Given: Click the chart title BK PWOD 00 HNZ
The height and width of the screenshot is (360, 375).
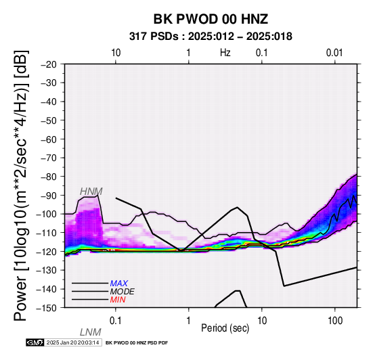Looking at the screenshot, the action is click(x=211, y=19).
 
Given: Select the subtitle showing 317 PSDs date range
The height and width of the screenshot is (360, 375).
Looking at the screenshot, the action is click(x=211, y=37).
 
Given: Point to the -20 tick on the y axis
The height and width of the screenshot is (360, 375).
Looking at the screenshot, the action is click(x=49, y=64).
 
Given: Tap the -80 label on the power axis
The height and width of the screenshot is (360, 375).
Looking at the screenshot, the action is click(x=49, y=177).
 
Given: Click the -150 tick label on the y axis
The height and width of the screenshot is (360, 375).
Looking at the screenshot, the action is click(x=47, y=308).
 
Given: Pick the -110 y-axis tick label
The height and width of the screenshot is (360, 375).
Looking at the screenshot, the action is click(x=47, y=233).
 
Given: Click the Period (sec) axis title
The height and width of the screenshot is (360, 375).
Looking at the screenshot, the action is click(x=225, y=328).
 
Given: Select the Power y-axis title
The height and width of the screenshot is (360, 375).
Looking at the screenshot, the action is click(x=21, y=185).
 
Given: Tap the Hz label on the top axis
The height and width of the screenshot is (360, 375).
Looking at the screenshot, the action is click(x=225, y=53).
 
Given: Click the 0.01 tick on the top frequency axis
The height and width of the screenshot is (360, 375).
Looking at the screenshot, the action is click(x=334, y=53).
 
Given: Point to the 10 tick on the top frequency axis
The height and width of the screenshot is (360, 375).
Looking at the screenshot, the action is click(x=116, y=53).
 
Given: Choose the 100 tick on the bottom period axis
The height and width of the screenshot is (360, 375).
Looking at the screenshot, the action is click(x=335, y=321).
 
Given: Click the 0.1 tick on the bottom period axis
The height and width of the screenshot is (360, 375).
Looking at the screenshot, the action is click(x=116, y=321).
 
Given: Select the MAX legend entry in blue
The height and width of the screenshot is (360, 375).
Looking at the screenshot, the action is click(x=119, y=284).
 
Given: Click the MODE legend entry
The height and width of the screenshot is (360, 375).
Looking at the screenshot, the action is click(x=123, y=292).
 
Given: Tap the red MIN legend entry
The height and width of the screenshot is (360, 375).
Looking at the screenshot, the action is click(x=118, y=300).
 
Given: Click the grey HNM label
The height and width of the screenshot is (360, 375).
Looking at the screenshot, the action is click(x=91, y=192).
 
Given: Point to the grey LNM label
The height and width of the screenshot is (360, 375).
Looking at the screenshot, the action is click(x=91, y=332).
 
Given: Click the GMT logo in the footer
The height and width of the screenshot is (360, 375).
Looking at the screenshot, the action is click(x=35, y=342).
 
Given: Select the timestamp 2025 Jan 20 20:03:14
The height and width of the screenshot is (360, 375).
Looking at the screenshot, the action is click(x=72, y=342).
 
